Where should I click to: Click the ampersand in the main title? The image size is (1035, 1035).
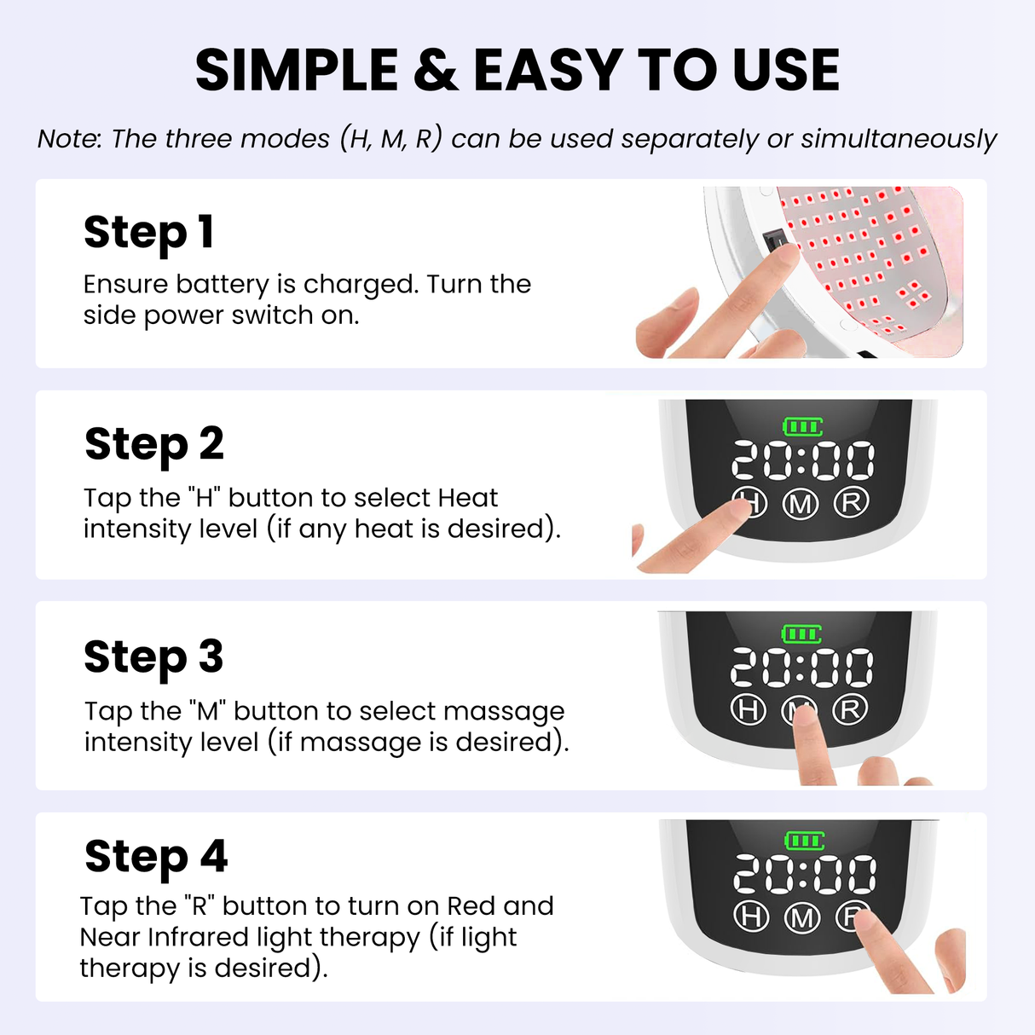(x=436, y=71)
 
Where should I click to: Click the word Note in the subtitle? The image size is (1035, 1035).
(x=68, y=139)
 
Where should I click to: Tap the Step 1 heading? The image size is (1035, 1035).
(x=148, y=233)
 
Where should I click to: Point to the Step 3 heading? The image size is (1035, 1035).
(x=153, y=657)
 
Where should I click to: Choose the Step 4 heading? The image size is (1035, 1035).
(x=156, y=857)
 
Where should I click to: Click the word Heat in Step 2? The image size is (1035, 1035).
(x=467, y=498)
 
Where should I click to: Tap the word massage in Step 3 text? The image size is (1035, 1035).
(x=503, y=711)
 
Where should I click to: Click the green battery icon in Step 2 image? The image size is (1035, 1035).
(x=802, y=426)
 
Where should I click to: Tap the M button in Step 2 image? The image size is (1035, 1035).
(x=801, y=505)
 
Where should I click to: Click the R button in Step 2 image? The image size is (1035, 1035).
(x=850, y=502)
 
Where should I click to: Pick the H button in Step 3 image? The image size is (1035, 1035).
(x=749, y=709)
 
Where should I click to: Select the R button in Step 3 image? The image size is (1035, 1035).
(x=850, y=709)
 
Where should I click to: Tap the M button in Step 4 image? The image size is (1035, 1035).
(x=801, y=917)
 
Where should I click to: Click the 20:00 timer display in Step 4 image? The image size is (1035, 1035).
(x=804, y=876)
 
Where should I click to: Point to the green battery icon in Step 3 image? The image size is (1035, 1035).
(x=801, y=633)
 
